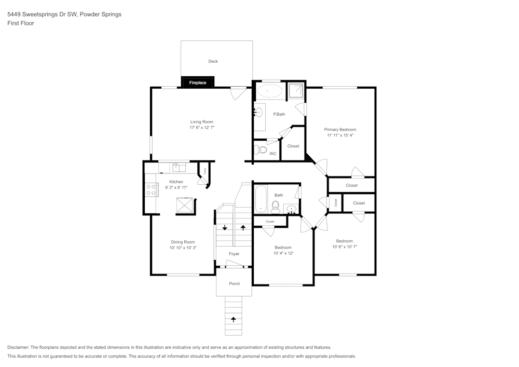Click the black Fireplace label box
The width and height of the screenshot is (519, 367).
pos(197,83)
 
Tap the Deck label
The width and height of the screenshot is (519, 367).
pos(213,61)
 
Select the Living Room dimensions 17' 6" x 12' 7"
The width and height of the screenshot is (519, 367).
pos(202,127)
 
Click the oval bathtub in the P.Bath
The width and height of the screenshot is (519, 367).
pos(268,91)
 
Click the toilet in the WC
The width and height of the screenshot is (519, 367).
pos(261,151)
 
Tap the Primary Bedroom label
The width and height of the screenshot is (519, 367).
pos(340,129)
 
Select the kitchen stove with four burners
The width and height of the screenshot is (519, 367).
pos(151,189)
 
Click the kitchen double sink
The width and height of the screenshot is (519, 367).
pos(179,167)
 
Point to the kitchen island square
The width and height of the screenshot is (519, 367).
pos(185,206)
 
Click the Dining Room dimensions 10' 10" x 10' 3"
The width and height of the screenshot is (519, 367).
pos(183,248)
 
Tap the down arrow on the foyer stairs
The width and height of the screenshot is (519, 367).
pos(224,227)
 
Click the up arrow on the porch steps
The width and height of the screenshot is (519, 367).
pos(234,319)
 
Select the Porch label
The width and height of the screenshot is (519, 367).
pos(235,283)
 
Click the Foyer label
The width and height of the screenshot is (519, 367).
pos(234,254)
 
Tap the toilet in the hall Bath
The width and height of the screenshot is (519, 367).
pos(275,208)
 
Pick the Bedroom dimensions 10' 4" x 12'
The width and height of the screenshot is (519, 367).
pos(283,253)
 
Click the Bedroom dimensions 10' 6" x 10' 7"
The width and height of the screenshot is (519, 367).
pos(344,247)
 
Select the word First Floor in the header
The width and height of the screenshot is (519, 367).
pos(20,23)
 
